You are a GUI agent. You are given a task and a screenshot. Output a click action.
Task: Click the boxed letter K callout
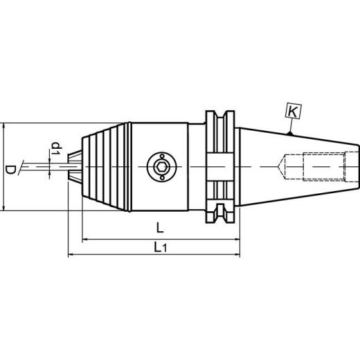click(x=294, y=109)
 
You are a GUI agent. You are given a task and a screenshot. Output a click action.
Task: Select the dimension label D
click(x=10, y=168)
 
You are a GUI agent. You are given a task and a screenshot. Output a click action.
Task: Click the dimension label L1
click(x=161, y=246)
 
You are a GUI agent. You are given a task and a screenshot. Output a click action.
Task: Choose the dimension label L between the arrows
click(x=160, y=227)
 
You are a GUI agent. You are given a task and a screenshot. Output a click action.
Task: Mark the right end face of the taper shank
click(x=359, y=166)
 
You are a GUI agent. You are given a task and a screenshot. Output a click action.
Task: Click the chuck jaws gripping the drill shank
click(x=75, y=166)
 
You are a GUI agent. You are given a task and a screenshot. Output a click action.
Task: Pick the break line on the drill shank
click(x=26, y=166)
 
